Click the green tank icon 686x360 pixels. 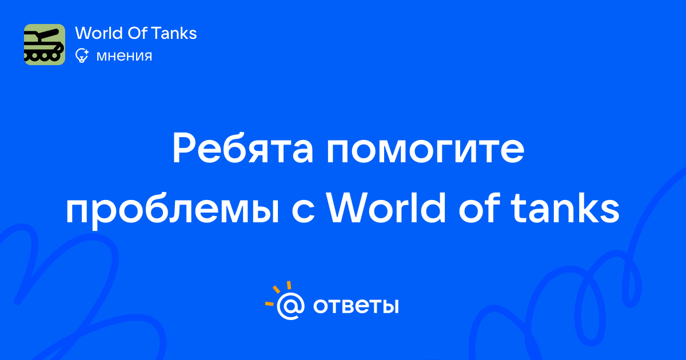click(45, 45)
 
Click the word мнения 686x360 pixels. click(124, 56)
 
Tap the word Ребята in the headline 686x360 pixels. click(242, 149)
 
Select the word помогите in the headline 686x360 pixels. click(425, 150)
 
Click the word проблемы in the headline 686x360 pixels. click(173, 209)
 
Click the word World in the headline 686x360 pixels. click(387, 207)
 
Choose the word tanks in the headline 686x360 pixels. click(566, 207)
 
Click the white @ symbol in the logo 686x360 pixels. click(290, 306)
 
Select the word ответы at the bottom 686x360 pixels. click(356, 306)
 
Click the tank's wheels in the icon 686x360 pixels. click(42, 56)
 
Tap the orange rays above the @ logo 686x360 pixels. click(278, 293)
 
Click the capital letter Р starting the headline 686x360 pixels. click(183, 148)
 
